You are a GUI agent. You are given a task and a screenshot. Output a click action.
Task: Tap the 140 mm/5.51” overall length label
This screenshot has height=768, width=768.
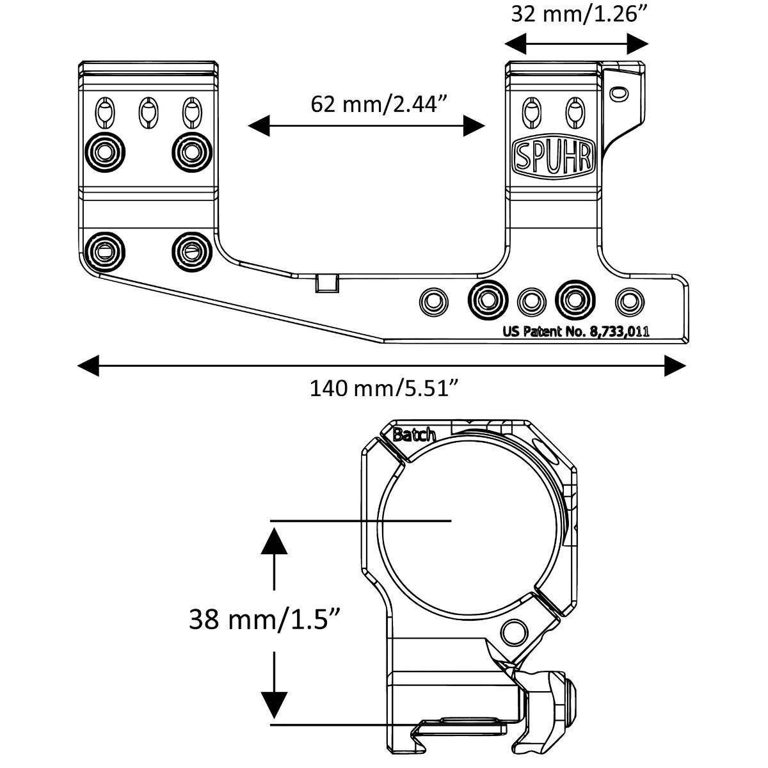click(x=385, y=388)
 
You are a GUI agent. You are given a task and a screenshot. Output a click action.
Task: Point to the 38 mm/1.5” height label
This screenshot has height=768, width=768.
click(x=264, y=619)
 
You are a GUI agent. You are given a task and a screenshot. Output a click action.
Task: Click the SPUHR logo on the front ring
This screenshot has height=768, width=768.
click(x=554, y=156)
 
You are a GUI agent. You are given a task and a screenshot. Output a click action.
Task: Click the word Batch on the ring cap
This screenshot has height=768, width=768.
click(x=414, y=435)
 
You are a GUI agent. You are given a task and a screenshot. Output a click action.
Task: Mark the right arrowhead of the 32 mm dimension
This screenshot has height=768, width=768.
click(x=638, y=44)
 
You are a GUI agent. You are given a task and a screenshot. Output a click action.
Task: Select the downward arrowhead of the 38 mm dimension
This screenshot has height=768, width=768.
click(x=275, y=705)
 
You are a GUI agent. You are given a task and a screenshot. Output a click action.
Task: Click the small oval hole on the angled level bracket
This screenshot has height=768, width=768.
click(x=618, y=93)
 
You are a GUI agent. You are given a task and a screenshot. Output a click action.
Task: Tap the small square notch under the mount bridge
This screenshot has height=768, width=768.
click(x=326, y=283)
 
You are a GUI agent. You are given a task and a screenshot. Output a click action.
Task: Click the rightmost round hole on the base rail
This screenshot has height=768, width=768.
click(x=630, y=300)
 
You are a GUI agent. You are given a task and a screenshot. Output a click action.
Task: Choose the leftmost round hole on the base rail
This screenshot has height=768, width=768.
click(x=433, y=300)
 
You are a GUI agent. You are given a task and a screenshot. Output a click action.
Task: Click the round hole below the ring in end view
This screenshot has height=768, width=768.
click(x=512, y=634)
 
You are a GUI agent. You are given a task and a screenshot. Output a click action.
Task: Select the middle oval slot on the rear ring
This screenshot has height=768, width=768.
click(x=148, y=113)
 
